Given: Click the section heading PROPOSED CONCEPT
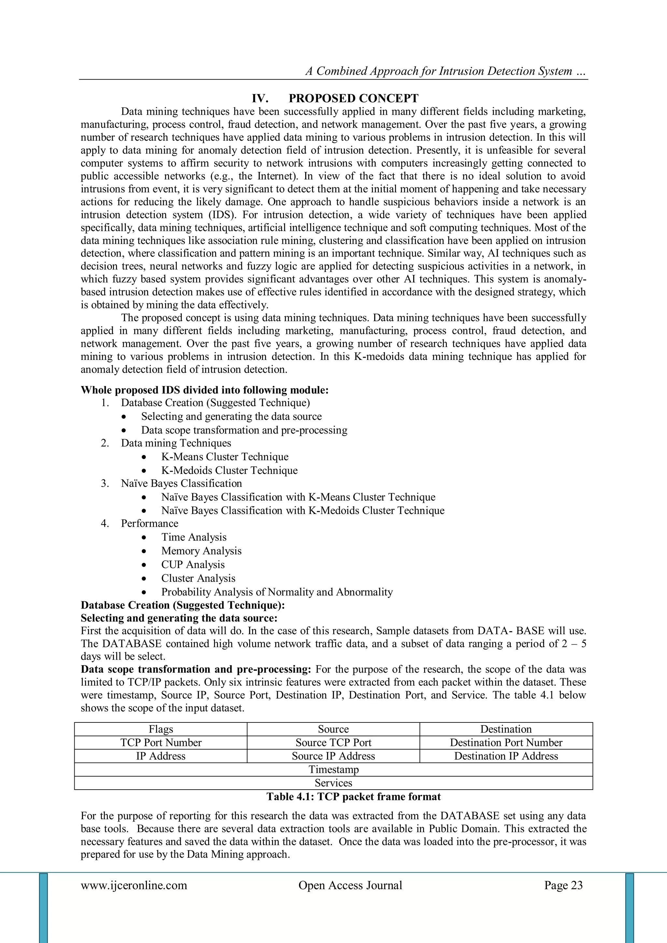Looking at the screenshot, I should point(353,99).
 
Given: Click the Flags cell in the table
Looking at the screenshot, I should point(161,729).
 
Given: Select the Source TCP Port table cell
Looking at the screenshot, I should point(333,743).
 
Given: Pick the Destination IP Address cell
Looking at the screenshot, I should point(506,756).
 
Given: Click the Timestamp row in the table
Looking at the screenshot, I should point(333,769).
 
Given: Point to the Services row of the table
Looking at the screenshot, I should point(333,783).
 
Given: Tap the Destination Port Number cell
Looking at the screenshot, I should point(506,743).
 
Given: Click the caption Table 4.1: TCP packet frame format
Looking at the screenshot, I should point(353,797).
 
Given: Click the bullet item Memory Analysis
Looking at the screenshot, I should point(201,551).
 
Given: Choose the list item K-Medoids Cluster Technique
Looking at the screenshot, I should point(229,470).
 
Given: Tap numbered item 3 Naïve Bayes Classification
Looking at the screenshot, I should point(181,483).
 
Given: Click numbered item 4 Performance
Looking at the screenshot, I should point(149,524).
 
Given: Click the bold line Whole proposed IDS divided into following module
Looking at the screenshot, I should point(205,390).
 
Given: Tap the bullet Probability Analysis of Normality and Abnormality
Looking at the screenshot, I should point(277,592).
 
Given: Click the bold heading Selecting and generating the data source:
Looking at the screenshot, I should point(179,618).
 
